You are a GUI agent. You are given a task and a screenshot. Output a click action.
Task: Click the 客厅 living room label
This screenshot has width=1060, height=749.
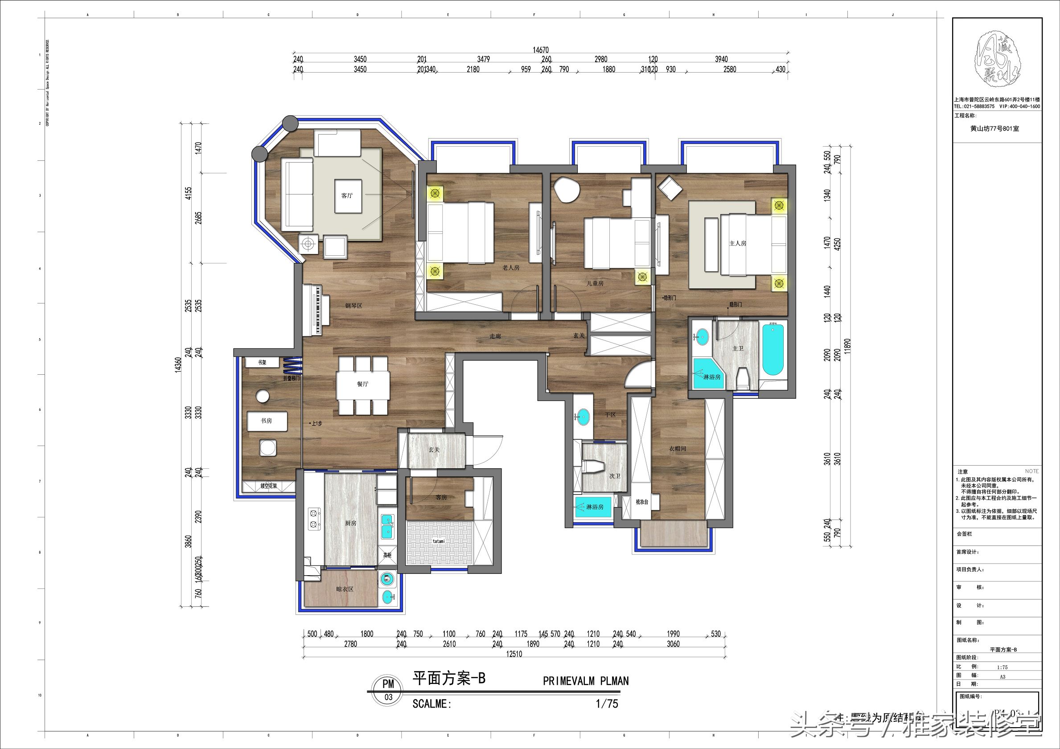click(x=347, y=196)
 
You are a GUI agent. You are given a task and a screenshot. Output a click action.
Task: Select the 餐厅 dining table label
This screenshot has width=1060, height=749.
click(x=362, y=384)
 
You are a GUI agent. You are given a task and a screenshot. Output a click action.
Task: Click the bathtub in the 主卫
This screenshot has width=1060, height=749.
click(x=772, y=350)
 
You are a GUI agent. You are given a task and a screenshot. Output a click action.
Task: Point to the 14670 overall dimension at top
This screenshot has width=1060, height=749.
click(x=541, y=50)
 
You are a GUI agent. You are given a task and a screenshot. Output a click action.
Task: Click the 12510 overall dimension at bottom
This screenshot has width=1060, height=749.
click(x=514, y=654)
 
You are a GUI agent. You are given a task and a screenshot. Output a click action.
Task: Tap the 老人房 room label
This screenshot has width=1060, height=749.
click(x=511, y=268)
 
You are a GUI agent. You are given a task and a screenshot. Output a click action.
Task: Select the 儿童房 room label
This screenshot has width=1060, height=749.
click(x=595, y=283)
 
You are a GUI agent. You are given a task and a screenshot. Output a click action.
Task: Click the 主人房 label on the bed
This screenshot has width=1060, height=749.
click(x=738, y=243)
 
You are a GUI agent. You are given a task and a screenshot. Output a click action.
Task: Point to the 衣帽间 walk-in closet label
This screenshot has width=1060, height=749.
click(x=678, y=449)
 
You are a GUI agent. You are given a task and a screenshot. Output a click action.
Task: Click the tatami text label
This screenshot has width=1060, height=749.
click(x=439, y=541)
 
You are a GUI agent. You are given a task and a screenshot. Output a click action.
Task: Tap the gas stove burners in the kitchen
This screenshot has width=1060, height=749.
click(x=315, y=518)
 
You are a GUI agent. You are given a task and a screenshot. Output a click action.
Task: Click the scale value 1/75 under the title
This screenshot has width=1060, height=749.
click(x=607, y=704)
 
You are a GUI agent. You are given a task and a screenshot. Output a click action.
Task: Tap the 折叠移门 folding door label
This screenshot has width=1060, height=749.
click(x=292, y=378)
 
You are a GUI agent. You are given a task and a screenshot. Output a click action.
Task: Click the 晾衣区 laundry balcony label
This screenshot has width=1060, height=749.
click(x=345, y=589)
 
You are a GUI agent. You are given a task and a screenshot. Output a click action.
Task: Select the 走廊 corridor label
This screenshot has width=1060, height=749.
click(x=495, y=336)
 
